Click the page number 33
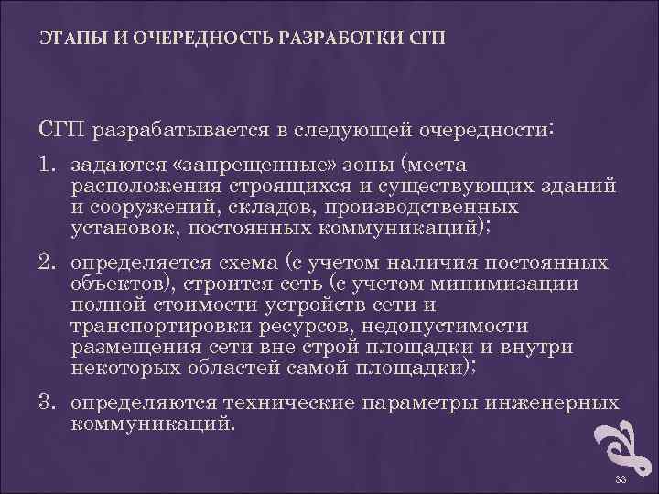point(621,481)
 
